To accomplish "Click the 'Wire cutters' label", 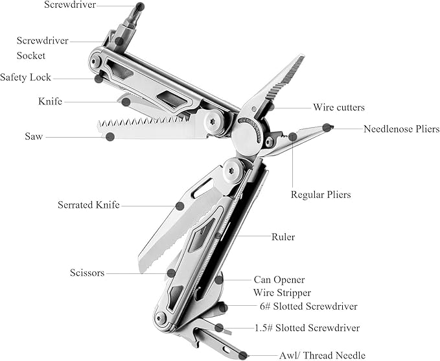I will (x=338, y=107).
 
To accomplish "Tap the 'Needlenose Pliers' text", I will (x=401, y=129).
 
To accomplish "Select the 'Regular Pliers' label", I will (x=320, y=194).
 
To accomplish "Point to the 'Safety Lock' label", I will (x=25, y=77).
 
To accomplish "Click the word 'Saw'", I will (x=34, y=137).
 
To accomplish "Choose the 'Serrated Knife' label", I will (x=89, y=205).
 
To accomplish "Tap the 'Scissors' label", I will (x=87, y=273).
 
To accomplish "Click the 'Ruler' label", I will (x=283, y=237).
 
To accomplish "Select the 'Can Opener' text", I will (x=279, y=280).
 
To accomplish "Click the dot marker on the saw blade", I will (x=110, y=136).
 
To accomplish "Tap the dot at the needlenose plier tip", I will (x=327, y=127).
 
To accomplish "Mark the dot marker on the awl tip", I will (x=243, y=355).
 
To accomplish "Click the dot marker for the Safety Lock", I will (x=98, y=78).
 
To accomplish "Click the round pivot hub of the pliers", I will (x=248, y=136).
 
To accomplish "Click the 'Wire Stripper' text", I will (x=282, y=293).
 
